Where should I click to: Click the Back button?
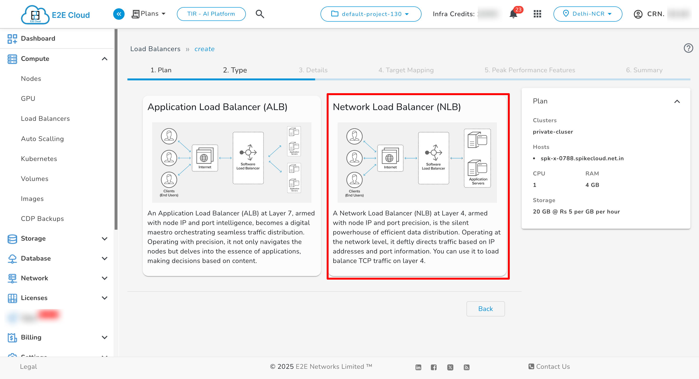485,309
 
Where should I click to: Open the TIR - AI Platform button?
211,14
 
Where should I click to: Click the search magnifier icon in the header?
260,14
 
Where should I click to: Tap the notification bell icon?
513,14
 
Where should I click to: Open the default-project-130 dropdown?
371,14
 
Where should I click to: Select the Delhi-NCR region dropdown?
587,14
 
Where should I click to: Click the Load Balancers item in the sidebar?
45,119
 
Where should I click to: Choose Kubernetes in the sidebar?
39,159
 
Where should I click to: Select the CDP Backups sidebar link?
42,219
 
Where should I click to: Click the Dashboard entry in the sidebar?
38,39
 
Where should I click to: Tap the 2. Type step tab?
235,70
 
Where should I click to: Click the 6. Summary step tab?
644,70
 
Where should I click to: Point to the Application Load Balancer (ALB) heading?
217,107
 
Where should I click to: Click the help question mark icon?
688,48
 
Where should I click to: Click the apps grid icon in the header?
537,14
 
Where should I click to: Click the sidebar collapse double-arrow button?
119,14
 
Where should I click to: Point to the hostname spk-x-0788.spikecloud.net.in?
582,158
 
